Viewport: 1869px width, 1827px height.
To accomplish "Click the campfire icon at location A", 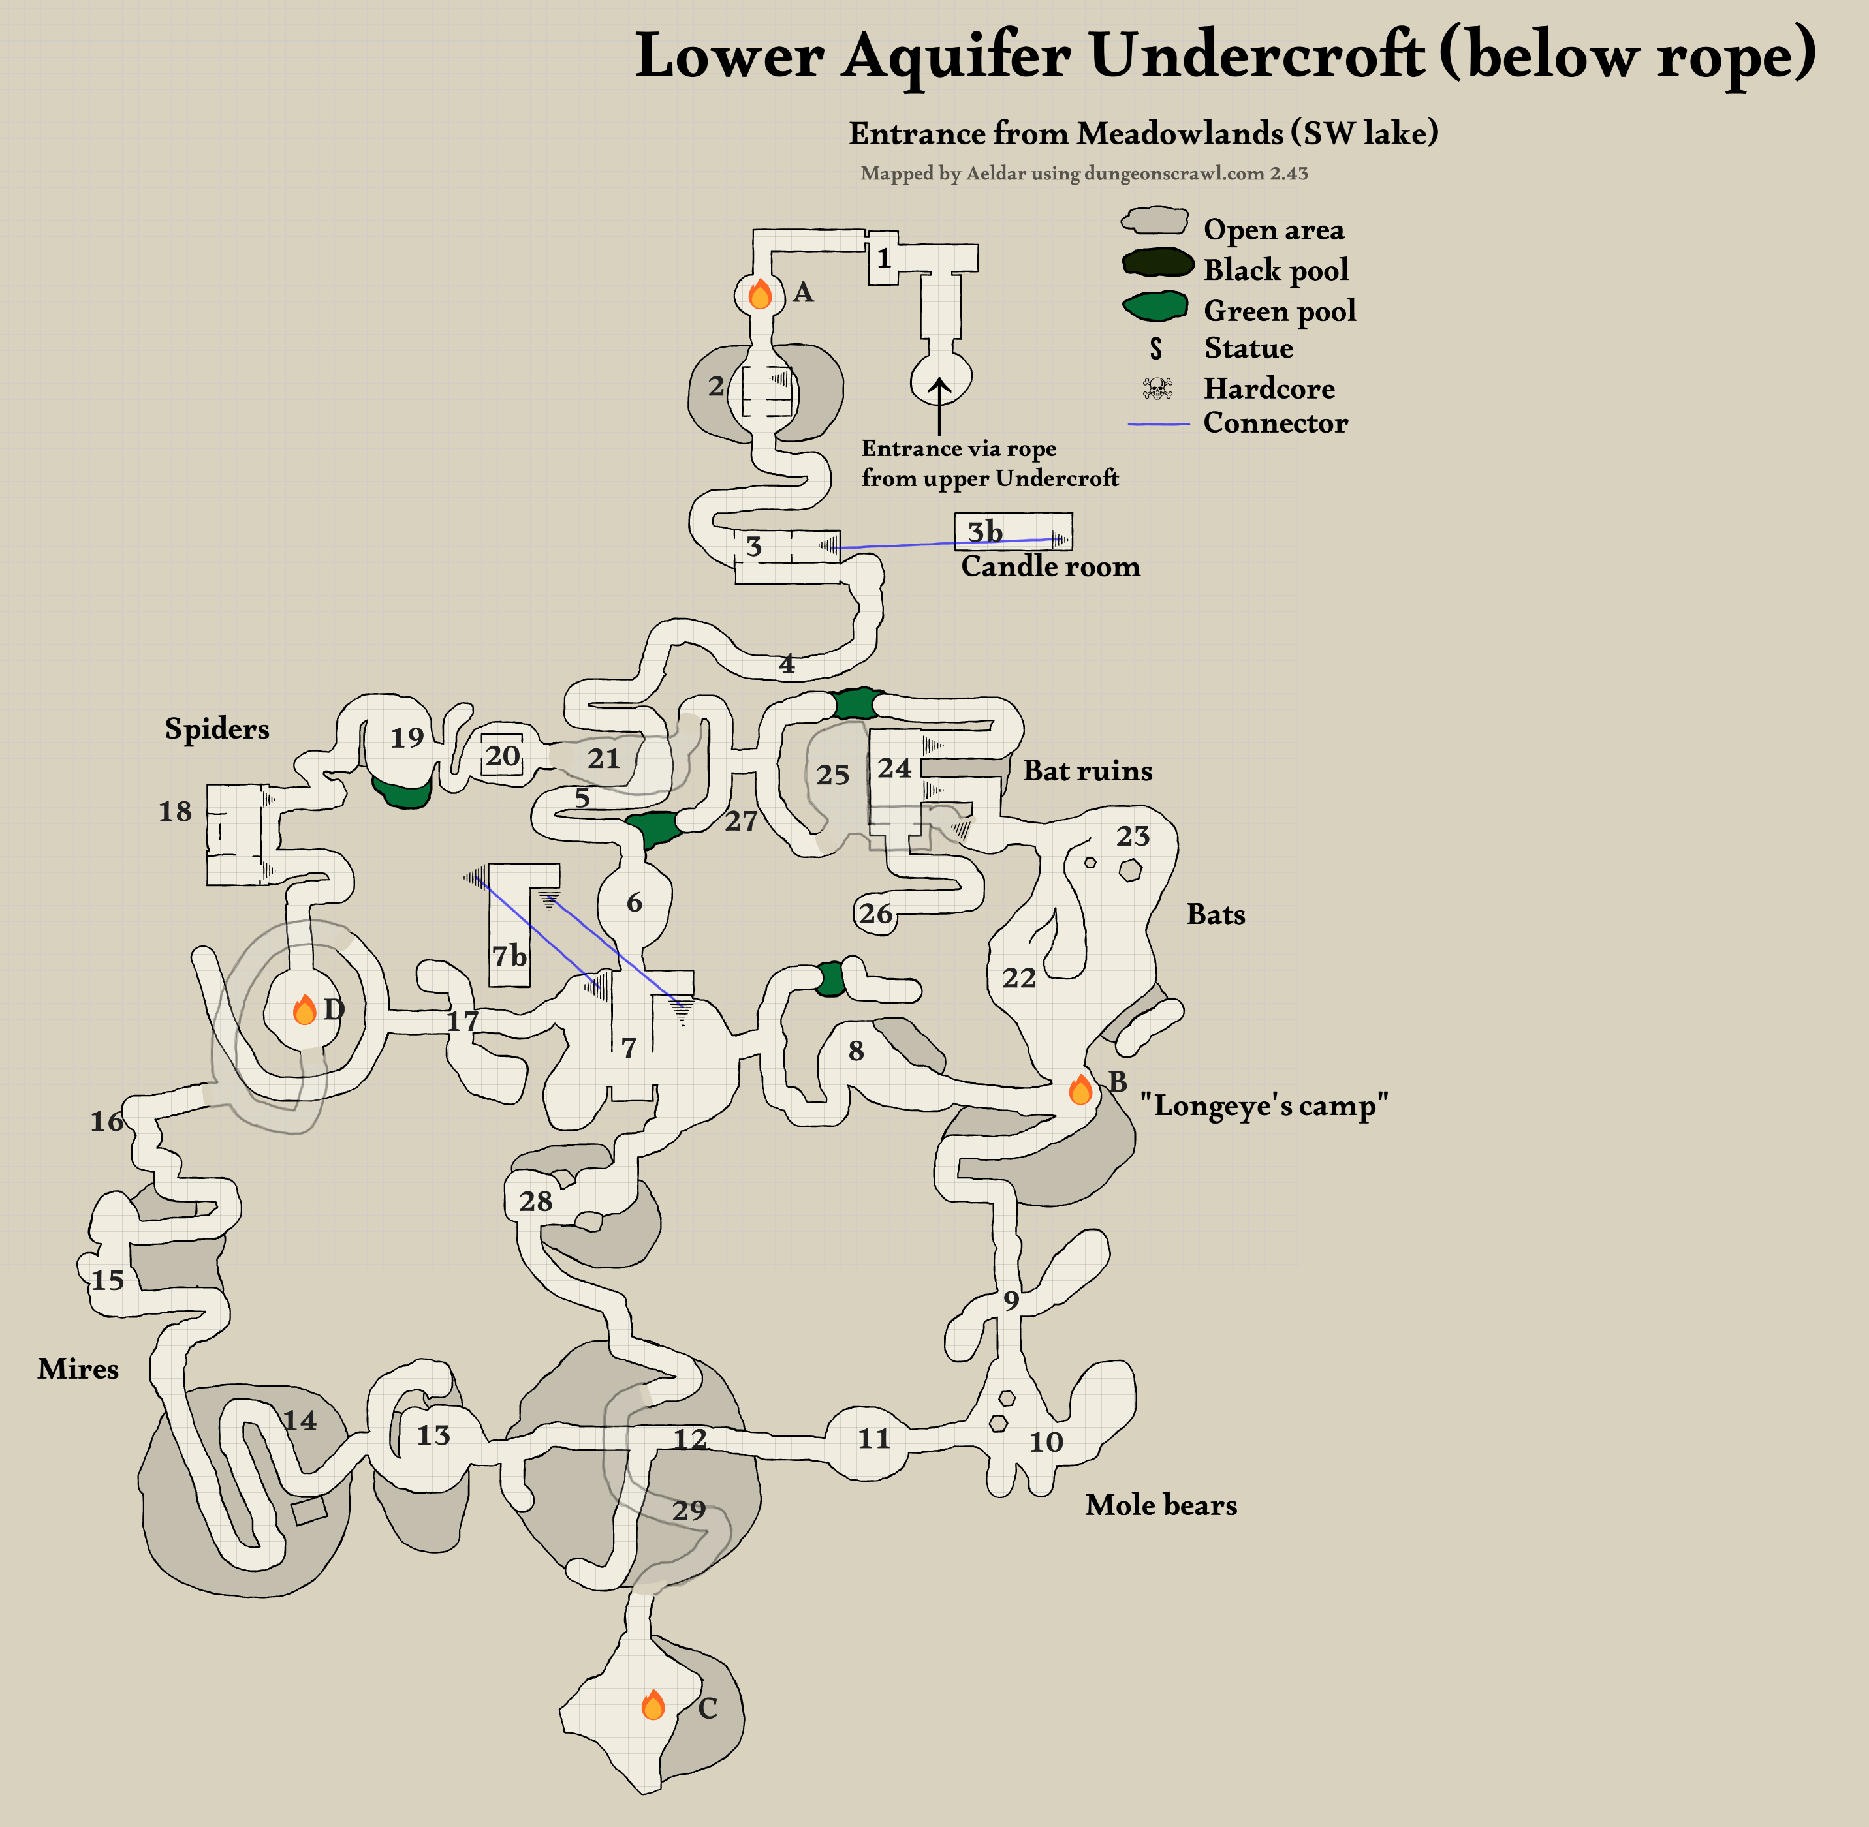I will pos(759,294).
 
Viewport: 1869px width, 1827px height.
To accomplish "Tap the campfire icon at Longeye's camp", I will pos(1080,1090).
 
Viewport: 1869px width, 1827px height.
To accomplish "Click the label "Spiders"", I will pos(217,728).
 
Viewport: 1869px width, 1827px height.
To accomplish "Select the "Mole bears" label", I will pos(1161,1505).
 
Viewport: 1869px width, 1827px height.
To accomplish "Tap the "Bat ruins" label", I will pos(1088,771).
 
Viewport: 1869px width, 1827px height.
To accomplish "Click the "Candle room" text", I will pos(1050,566).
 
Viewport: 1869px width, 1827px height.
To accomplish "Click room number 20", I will pos(502,756).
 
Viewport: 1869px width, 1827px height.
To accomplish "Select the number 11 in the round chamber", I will pos(873,1438).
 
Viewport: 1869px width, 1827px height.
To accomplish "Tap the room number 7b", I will pos(510,956).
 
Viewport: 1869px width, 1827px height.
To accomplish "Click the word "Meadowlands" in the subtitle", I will pos(1179,133).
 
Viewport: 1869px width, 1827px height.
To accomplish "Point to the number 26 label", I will pos(875,913).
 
